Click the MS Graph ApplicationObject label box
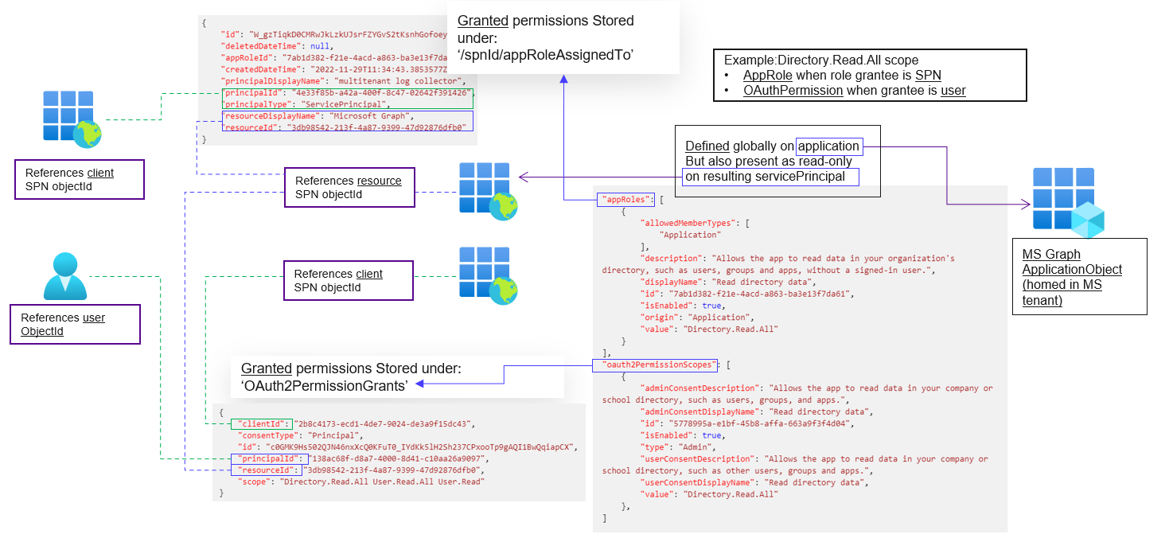1079,277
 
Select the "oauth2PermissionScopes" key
655,365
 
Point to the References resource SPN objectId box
349,187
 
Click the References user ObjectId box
75,324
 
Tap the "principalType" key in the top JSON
255,104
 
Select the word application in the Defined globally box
828,146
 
